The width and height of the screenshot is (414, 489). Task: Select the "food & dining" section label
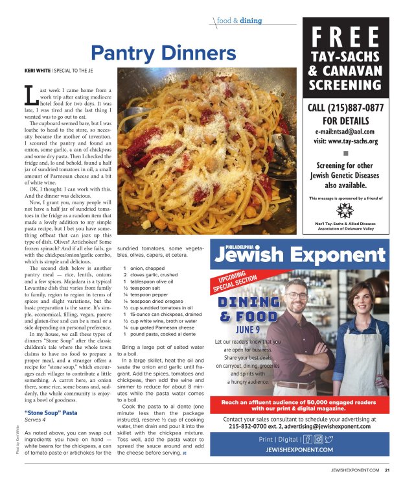point(240,21)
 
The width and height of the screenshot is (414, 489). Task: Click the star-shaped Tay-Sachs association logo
point(346,210)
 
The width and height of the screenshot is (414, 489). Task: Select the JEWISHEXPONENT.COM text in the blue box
point(299,449)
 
